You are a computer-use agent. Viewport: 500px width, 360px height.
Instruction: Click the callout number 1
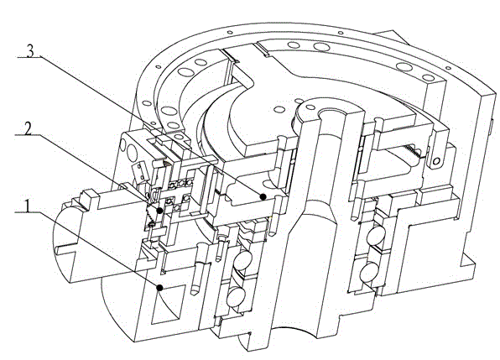[28, 206]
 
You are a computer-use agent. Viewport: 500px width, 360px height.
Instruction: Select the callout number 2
[28, 129]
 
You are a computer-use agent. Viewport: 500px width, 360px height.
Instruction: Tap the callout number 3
[30, 51]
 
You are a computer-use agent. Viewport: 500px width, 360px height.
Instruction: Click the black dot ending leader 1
[159, 288]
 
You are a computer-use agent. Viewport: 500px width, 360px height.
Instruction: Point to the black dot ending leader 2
[159, 210]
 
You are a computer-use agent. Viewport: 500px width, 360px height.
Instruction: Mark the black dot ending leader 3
[263, 196]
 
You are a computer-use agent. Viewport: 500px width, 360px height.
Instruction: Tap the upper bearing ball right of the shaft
[376, 237]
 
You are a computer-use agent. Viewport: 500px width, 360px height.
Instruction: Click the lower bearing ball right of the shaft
[370, 272]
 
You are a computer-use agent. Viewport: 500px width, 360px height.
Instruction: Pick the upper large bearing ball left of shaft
[242, 260]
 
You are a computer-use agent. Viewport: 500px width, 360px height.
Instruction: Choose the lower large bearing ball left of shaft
[236, 296]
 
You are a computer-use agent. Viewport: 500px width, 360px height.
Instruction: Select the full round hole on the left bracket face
[132, 153]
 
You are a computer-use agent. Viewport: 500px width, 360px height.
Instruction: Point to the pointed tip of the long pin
[194, 294]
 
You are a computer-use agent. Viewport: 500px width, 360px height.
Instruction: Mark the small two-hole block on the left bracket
[139, 170]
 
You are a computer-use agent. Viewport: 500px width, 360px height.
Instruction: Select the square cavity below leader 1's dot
[169, 305]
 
